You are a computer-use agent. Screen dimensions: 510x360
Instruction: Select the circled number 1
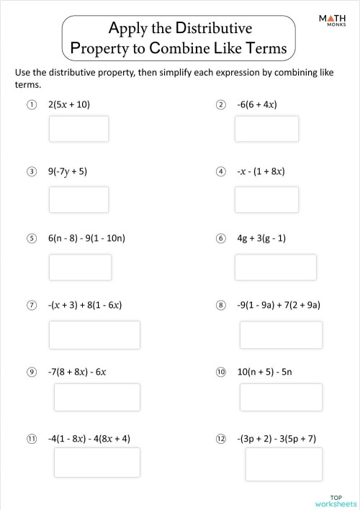click(x=32, y=104)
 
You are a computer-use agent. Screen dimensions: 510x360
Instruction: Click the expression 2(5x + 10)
click(x=69, y=104)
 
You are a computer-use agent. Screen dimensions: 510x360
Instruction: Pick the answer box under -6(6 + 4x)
click(x=266, y=129)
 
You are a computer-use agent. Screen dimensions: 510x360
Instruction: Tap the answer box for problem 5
click(x=80, y=267)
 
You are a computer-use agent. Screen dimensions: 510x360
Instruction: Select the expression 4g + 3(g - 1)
click(x=261, y=238)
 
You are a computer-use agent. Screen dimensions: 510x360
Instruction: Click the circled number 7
click(x=32, y=305)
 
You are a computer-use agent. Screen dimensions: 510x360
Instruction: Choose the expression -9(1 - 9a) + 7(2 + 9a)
click(x=278, y=305)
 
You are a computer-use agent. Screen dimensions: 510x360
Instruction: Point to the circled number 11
click(x=32, y=438)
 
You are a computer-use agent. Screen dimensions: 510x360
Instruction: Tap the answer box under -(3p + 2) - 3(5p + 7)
click(x=274, y=464)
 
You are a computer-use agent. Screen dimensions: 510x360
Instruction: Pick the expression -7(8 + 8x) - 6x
click(x=77, y=372)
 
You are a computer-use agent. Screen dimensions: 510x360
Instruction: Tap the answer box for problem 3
click(x=78, y=199)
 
